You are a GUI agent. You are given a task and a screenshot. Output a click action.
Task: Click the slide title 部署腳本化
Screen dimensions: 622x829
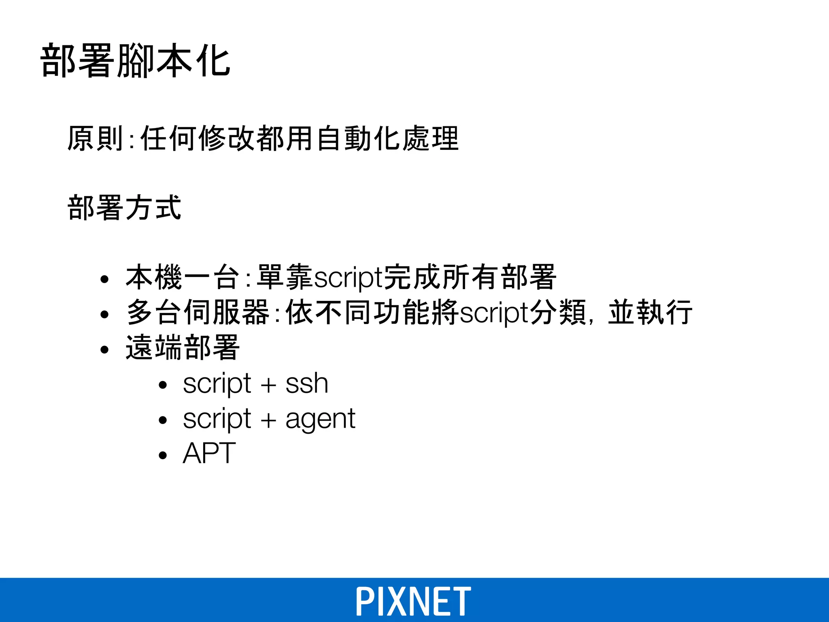click(x=136, y=61)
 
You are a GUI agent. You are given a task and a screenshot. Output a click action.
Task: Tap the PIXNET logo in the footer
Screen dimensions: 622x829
click(x=413, y=601)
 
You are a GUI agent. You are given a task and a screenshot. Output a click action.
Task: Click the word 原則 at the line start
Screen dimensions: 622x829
click(x=95, y=138)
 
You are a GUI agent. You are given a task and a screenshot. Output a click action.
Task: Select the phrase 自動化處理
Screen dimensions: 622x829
click(x=387, y=138)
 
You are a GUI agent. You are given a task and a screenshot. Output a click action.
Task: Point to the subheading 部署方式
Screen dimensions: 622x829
click(x=124, y=208)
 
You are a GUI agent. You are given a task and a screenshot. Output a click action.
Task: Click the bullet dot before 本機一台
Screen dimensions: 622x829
click(x=105, y=279)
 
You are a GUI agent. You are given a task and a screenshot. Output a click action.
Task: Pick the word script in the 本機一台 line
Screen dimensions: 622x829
click(x=348, y=278)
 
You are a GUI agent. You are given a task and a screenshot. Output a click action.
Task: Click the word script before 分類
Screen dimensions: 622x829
click(x=494, y=313)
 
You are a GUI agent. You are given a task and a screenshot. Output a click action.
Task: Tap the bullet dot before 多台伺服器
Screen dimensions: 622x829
click(x=105, y=314)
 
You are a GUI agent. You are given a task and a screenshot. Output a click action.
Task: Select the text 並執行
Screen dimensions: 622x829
click(x=650, y=312)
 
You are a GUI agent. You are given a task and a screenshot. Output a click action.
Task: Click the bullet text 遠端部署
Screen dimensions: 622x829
click(x=183, y=347)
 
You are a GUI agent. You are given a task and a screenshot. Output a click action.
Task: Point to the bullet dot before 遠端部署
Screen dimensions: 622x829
click(x=105, y=349)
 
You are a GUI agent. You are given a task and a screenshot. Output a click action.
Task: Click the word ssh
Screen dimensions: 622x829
click(x=306, y=383)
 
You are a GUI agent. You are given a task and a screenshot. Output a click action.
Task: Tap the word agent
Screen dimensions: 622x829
click(x=320, y=419)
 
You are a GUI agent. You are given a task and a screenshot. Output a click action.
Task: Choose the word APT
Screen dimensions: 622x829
click(x=209, y=453)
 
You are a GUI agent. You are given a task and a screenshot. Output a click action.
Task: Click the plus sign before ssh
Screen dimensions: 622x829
click(x=268, y=385)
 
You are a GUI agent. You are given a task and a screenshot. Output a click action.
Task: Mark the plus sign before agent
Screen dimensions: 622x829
click(x=268, y=420)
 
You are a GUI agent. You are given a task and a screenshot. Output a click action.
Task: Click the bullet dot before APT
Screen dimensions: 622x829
click(x=163, y=455)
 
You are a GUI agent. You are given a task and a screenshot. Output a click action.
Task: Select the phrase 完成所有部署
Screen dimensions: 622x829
click(x=470, y=277)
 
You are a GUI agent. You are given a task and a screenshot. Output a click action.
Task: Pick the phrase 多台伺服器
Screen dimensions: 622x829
click(x=198, y=312)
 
